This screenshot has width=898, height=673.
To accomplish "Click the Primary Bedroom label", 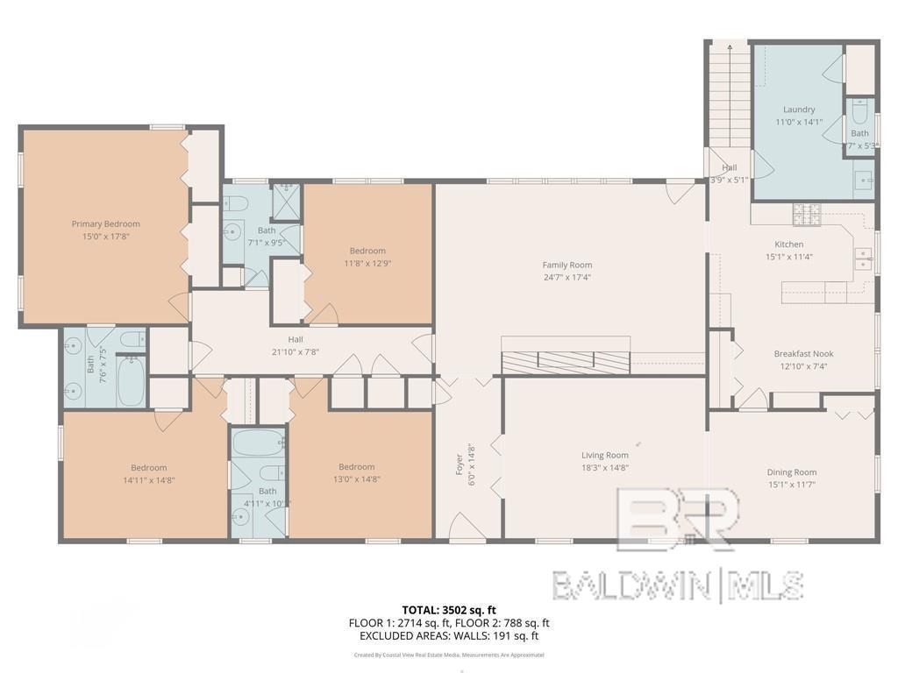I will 105,223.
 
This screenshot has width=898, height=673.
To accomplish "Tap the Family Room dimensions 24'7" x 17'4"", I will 567,279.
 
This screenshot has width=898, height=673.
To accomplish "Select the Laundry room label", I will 798,110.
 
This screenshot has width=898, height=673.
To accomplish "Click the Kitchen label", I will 788,244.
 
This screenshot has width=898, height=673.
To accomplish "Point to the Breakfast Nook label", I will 802,354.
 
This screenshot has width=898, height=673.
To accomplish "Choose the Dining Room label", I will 791,472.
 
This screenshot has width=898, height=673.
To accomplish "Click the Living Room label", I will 605,455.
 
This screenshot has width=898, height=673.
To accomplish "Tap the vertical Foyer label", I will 459,464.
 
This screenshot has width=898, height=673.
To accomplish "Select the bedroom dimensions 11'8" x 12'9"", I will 367,262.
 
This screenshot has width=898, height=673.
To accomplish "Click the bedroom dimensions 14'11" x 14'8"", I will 148,479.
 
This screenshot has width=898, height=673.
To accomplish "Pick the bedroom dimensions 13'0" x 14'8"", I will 356,479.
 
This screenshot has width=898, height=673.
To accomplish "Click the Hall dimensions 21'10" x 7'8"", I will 296,351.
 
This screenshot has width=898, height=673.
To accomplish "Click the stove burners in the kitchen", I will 805,213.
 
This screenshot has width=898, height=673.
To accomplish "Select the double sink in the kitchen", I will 863,259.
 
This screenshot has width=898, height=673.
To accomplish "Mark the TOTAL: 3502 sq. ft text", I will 449,610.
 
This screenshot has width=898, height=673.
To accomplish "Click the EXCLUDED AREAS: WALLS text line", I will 449,636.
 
